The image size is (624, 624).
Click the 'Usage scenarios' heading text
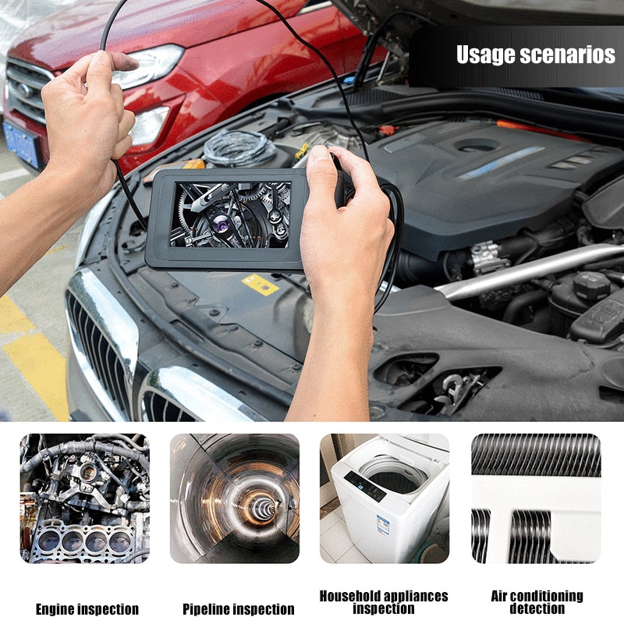tap(535, 55)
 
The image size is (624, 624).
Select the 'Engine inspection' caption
tap(87, 609)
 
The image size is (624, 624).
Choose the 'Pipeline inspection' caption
tap(239, 609)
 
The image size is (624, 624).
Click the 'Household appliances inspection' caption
tap(384, 602)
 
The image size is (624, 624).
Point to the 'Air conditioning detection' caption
tap(537, 602)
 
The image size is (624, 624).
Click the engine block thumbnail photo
tap(84, 498)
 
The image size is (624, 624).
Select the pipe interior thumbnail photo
tap(235, 498)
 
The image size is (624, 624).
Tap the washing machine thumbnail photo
tap(385, 498)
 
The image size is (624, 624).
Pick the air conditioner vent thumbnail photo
tap(536, 498)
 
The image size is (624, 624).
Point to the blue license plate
tap(21, 144)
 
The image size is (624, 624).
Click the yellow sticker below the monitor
tap(260, 285)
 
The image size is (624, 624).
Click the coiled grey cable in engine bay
tap(239, 147)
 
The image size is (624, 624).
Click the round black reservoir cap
tap(591, 285)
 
